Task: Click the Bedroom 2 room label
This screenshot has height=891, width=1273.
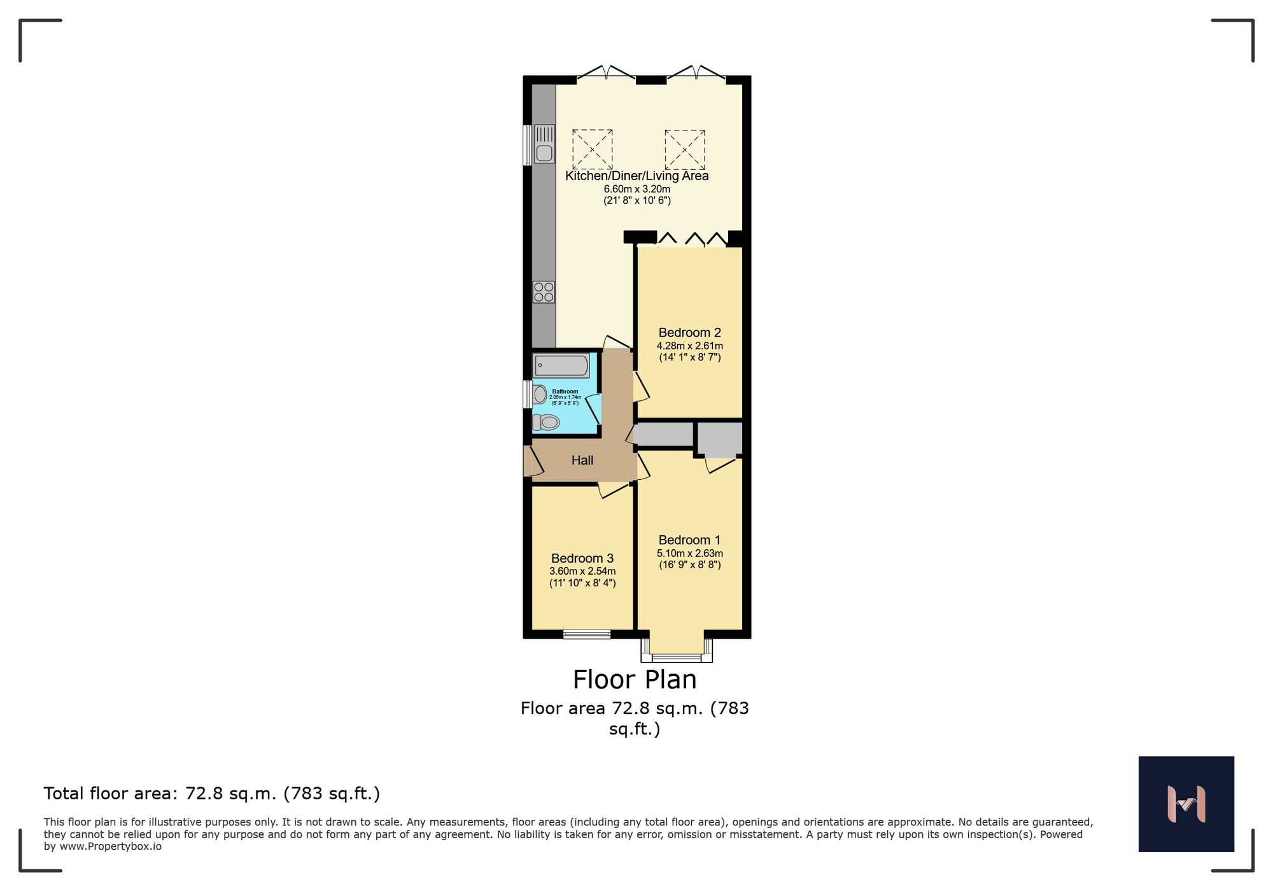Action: click(689, 332)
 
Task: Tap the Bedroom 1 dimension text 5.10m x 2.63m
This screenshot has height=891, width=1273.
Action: click(689, 553)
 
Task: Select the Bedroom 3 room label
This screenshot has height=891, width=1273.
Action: click(582, 558)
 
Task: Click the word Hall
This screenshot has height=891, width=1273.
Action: click(582, 460)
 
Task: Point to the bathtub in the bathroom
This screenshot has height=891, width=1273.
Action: click(561, 366)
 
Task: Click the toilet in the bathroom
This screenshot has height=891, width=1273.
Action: click(546, 422)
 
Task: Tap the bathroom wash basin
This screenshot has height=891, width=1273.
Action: click(540, 395)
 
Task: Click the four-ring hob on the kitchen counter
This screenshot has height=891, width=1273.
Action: click(544, 292)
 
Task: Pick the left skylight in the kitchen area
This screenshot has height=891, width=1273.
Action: click(592, 150)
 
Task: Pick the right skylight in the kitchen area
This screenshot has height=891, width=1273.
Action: click(685, 150)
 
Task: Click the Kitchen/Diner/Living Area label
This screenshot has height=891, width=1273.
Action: click(636, 176)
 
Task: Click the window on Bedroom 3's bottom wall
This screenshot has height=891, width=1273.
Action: click(586, 634)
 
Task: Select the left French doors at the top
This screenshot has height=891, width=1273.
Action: click(606, 73)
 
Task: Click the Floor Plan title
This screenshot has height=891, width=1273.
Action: click(635, 680)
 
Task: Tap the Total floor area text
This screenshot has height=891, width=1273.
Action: click(211, 794)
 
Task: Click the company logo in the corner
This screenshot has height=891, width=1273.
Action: click(1186, 804)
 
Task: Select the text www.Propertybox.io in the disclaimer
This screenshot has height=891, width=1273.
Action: click(110, 847)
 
